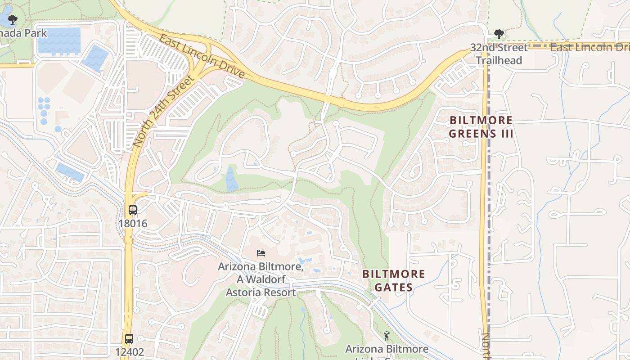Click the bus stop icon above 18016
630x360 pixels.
point(133,210)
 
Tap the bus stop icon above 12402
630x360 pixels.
point(129,338)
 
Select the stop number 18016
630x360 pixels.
point(133,223)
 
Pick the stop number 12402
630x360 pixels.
point(129,351)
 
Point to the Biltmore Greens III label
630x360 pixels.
point(481,127)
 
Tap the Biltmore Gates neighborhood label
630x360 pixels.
point(394,280)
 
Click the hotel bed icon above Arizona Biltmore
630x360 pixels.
point(261,253)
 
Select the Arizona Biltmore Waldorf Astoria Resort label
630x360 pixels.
point(261,279)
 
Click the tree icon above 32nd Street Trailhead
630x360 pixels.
point(499,34)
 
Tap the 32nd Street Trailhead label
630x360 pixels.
point(499,54)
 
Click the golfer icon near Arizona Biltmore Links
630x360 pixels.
point(386,336)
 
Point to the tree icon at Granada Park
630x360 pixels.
point(13,19)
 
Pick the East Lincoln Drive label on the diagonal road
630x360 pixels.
point(202,56)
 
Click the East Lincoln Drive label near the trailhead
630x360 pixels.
point(589,47)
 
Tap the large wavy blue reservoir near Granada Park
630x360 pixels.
point(59,40)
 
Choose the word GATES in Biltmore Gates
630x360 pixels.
point(394,287)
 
